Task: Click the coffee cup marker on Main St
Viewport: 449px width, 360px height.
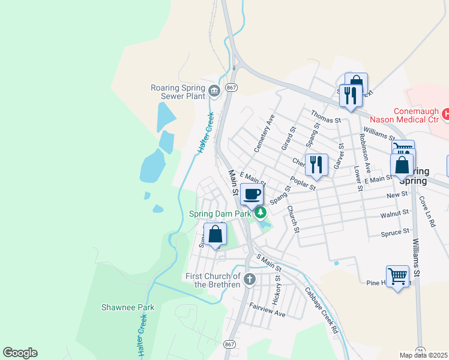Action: pyautogui.click(x=253, y=194)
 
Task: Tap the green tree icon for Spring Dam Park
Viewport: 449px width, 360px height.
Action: pyautogui.click(x=261, y=212)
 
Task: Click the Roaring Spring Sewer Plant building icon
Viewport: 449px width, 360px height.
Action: pyautogui.click(x=214, y=91)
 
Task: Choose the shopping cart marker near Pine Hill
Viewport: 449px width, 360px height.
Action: pyautogui.click(x=397, y=277)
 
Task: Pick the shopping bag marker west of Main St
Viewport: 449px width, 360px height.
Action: pyautogui.click(x=215, y=235)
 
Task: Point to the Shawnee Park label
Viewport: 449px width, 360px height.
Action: pyautogui.click(x=128, y=307)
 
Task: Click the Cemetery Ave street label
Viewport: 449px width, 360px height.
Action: pyautogui.click(x=264, y=133)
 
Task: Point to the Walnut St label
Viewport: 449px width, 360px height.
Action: pyautogui.click(x=394, y=213)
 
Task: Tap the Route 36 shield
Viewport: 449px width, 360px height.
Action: pyautogui.click(x=420, y=350)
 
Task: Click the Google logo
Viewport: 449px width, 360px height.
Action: pyautogui.click(x=20, y=353)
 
